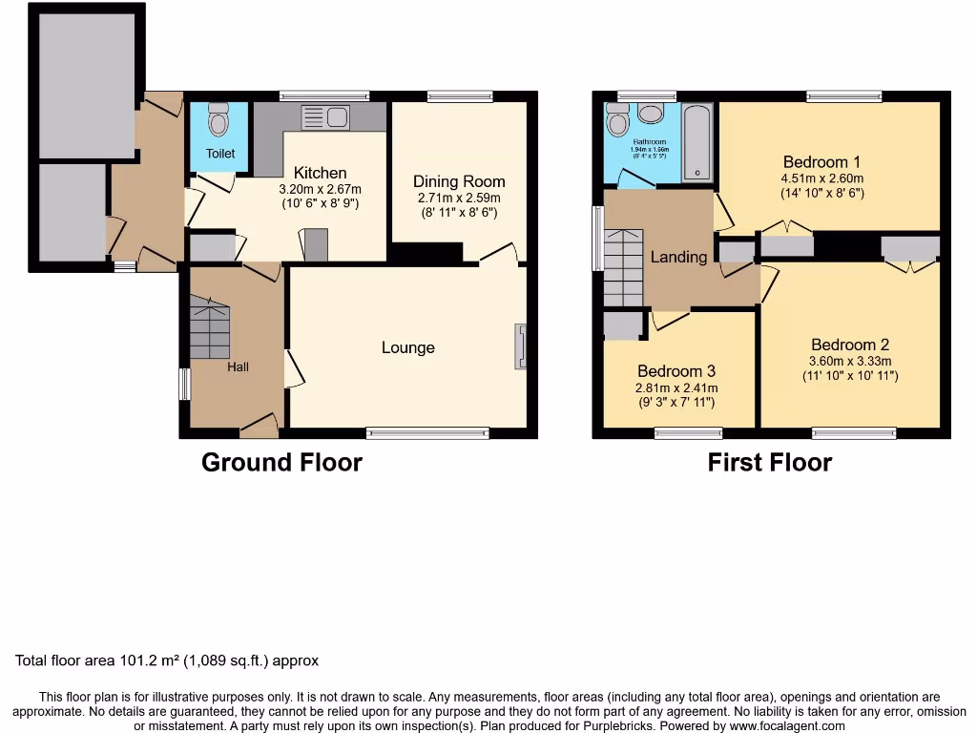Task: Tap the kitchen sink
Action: (325, 117)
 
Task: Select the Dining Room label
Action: (459, 181)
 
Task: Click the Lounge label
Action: (408, 347)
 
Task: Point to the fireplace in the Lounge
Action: (520, 346)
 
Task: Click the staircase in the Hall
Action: (210, 327)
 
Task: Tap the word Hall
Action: (238, 366)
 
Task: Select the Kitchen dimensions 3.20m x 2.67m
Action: (320, 189)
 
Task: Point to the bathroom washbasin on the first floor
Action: (652, 115)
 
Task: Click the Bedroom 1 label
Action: (821, 161)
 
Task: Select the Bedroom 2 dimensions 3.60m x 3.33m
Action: (850, 361)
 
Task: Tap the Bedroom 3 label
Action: (676, 371)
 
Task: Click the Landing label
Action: (678, 257)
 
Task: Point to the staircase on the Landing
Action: (626, 267)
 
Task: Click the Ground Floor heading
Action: (281, 463)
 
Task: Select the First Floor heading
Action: (769, 463)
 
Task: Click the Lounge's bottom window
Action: (426, 433)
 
